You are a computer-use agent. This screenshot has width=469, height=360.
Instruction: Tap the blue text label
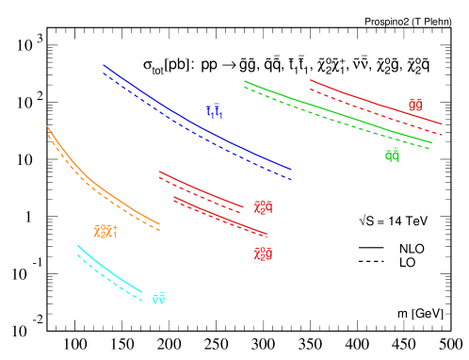point(215,111)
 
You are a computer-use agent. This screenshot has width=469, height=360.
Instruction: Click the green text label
point(392,155)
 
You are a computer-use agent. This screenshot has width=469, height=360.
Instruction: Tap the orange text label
point(105,231)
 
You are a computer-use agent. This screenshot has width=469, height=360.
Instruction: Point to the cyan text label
point(158,299)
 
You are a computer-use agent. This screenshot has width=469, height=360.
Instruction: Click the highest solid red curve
point(377,103)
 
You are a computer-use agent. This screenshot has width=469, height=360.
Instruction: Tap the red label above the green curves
point(415,104)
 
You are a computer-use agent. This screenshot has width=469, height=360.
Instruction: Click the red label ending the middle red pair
point(263,206)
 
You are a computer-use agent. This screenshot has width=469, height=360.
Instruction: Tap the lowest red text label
point(263,254)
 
